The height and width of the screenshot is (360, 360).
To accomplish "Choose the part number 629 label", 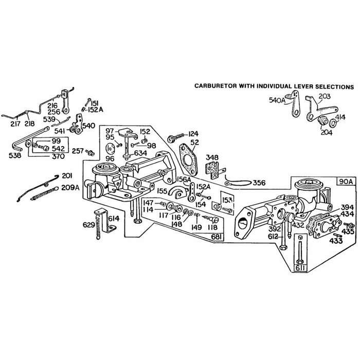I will (x=89, y=225).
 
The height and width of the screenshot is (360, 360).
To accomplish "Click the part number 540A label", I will (x=276, y=101).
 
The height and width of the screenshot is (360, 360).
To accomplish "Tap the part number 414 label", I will (x=341, y=118).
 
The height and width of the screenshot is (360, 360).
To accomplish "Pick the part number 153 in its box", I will (x=227, y=198).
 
